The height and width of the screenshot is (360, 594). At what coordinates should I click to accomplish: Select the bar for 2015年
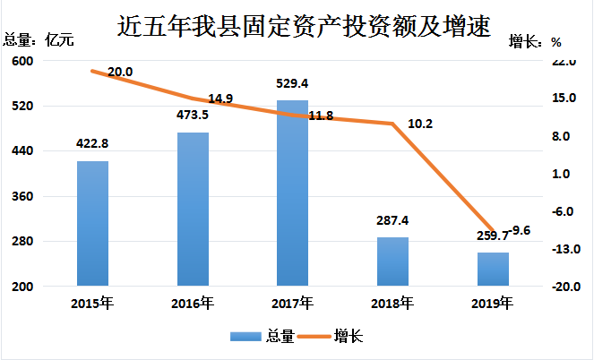click(x=92, y=224)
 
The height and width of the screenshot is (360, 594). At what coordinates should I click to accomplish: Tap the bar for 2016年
click(x=193, y=210)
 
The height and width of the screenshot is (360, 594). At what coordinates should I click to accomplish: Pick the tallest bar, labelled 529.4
click(x=292, y=193)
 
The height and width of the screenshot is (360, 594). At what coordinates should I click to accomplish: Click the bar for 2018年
click(x=392, y=261)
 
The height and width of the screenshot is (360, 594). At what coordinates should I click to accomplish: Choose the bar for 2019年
click(x=493, y=270)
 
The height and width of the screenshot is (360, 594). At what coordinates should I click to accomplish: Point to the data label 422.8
click(x=93, y=143)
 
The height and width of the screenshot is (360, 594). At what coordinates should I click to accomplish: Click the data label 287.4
click(x=392, y=219)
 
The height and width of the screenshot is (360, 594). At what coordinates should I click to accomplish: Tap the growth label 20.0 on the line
click(x=120, y=72)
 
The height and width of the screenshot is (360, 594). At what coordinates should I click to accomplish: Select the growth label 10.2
click(x=419, y=124)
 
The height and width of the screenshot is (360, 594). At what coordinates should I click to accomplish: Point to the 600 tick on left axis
click(x=22, y=61)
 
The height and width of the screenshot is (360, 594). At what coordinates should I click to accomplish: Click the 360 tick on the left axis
click(x=22, y=197)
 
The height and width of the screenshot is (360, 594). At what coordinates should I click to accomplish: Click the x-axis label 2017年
click(x=292, y=303)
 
